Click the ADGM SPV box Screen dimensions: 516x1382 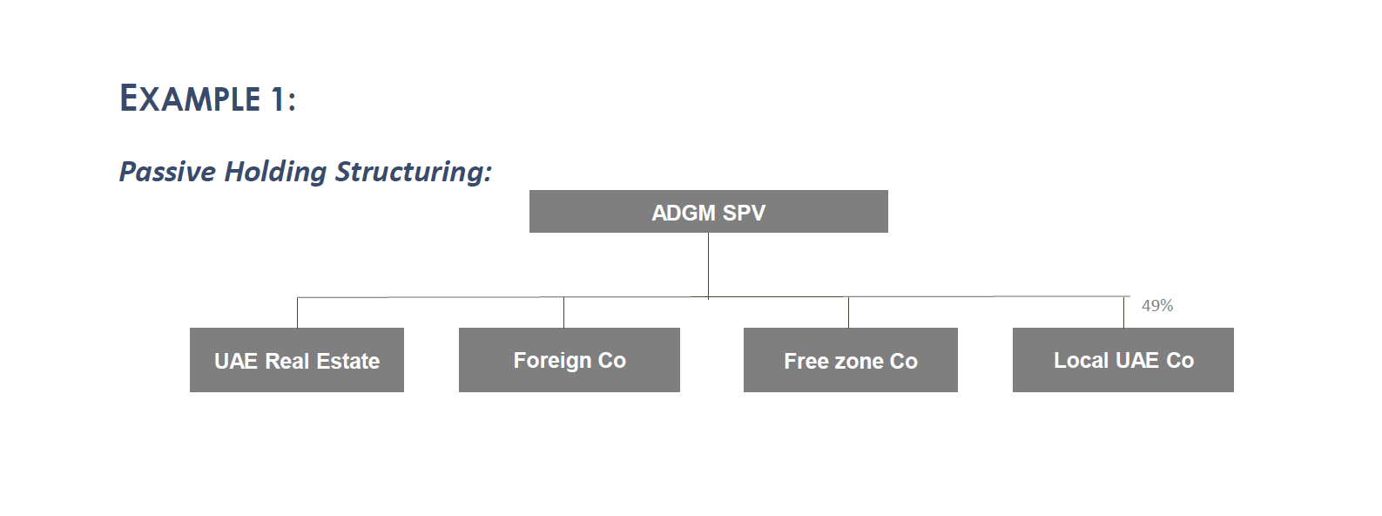click(708, 212)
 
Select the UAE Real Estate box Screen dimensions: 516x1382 click(296, 360)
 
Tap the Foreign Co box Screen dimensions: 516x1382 click(569, 360)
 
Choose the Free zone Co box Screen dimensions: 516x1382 click(850, 360)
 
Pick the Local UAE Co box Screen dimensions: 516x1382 click(1122, 360)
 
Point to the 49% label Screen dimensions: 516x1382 click(1156, 306)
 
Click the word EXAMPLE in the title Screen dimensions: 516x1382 click(190, 98)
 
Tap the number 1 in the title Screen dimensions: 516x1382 click(276, 99)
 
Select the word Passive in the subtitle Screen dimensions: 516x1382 click(167, 172)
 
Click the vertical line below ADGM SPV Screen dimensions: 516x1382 click(708, 265)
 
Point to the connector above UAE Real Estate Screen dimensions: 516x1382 click(297, 313)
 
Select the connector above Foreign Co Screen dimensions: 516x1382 click(563, 313)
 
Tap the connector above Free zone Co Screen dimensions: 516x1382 click(848, 313)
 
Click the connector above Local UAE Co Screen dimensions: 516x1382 click(1123, 313)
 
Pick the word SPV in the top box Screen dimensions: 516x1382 click(743, 213)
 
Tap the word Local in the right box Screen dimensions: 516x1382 click(1081, 360)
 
